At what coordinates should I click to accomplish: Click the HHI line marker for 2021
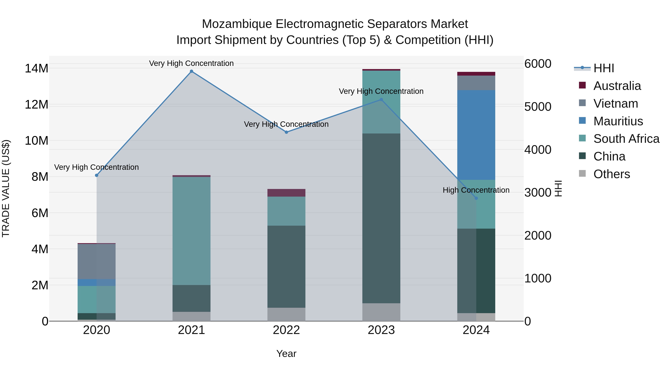192,71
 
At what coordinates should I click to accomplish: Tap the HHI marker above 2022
286,132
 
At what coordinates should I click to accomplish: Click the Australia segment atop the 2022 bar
286,193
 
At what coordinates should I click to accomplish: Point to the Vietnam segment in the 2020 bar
96,262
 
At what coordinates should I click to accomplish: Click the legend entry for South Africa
626,139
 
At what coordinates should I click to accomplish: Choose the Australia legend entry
617,86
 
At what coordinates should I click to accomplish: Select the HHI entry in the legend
603,68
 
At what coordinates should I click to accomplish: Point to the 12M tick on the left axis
36,105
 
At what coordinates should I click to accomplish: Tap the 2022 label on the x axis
286,330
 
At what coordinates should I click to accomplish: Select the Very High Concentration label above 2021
192,63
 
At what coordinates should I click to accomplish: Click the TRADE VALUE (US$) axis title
6,188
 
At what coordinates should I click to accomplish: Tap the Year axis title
286,354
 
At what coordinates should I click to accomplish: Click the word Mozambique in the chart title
237,24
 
